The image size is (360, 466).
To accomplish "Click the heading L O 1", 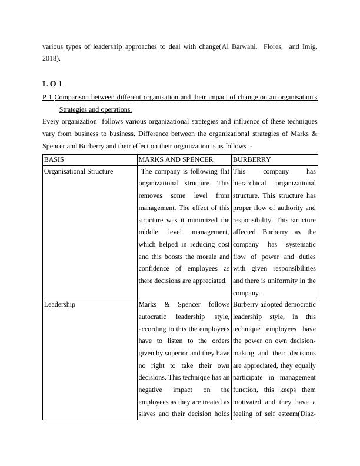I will [x=52, y=84].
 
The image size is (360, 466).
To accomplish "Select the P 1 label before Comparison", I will [x=47, y=97].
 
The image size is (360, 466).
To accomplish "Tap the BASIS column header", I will [x=54, y=159].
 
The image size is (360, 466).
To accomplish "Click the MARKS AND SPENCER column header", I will [x=175, y=159].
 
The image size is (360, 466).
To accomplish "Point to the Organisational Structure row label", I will [x=78, y=171].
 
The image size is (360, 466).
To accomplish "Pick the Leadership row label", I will [x=59, y=305].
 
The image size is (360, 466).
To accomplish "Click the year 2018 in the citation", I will [x=50, y=59].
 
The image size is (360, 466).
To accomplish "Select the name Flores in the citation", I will [x=274, y=47].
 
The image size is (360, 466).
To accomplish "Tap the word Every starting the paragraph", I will [x=52, y=122].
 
